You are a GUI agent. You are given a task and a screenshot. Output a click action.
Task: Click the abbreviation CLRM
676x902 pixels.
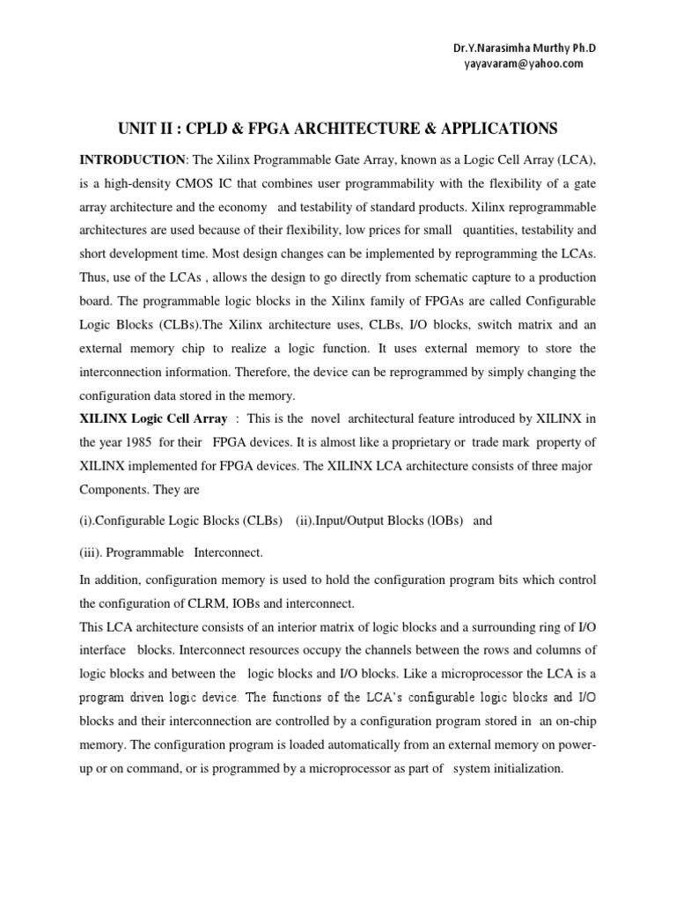tap(237, 603)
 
